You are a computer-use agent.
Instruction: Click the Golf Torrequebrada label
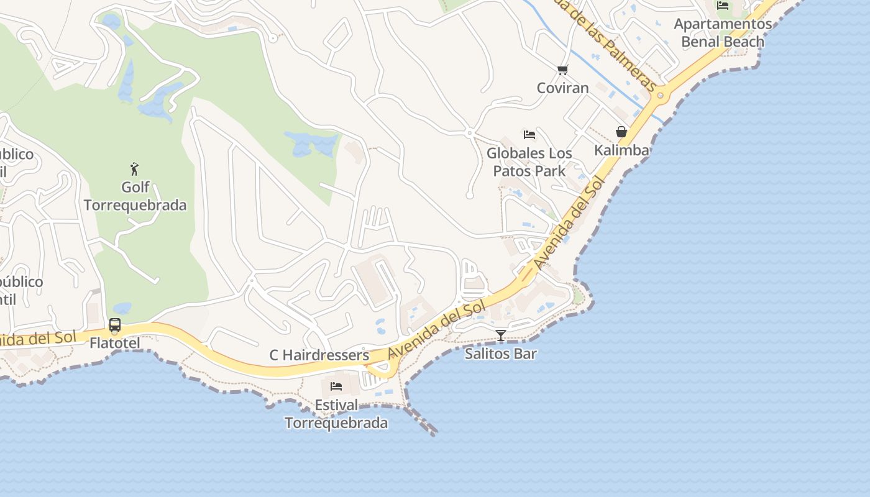(x=135, y=196)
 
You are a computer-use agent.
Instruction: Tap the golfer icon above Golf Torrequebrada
(x=134, y=168)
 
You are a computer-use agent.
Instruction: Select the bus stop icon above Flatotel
(x=115, y=324)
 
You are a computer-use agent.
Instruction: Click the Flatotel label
(x=115, y=343)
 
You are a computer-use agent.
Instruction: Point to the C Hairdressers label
(x=319, y=355)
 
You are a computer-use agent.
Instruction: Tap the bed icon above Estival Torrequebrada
(x=336, y=386)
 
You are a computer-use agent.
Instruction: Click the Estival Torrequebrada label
(x=336, y=414)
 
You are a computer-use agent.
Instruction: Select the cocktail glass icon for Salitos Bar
(x=501, y=335)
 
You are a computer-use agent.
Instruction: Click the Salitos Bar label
(x=501, y=354)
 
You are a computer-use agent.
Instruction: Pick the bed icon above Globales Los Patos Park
(x=529, y=134)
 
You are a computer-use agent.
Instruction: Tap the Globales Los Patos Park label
(x=529, y=162)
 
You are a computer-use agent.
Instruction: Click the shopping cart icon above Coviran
(x=562, y=70)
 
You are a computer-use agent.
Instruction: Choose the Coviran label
(x=562, y=88)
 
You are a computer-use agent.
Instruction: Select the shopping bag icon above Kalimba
(x=621, y=132)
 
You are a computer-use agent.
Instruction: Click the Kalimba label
(x=621, y=150)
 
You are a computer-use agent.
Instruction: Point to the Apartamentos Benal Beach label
(x=723, y=33)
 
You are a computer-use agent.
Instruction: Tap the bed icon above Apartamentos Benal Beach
(x=723, y=6)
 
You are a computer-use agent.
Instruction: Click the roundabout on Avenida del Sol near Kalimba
(x=660, y=96)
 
